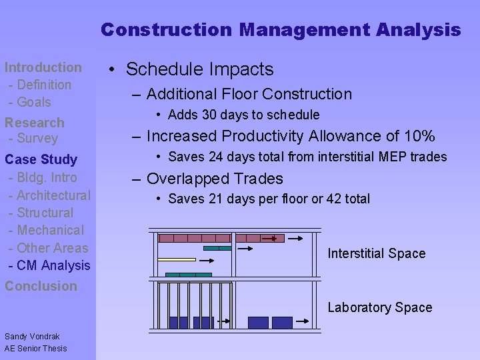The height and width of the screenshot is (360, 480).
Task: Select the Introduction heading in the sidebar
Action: click(x=43, y=67)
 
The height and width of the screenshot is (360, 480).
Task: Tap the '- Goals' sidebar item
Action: click(x=29, y=102)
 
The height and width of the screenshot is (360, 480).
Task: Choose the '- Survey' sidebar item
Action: click(x=33, y=139)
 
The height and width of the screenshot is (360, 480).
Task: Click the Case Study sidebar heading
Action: click(x=41, y=159)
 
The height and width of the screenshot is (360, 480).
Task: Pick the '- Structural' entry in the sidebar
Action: click(x=41, y=213)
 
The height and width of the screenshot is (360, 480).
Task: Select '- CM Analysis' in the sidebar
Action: click(x=49, y=265)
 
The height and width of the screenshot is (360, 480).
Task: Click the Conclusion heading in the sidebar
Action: click(x=41, y=286)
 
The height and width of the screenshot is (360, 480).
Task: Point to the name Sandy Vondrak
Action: click(x=32, y=336)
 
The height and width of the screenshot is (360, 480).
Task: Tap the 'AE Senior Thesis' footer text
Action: click(x=35, y=348)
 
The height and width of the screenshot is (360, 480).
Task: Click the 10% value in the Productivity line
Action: click(x=419, y=137)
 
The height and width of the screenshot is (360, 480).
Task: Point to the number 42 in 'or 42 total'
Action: click(x=329, y=199)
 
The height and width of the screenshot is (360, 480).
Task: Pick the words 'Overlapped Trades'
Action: click(x=215, y=179)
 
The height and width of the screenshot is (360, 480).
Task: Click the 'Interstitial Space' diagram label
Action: click(x=377, y=253)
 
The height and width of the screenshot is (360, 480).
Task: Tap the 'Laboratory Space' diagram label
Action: click(x=380, y=307)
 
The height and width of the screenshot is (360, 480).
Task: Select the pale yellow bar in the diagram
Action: click(x=177, y=259)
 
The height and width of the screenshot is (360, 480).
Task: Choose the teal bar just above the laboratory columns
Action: click(x=188, y=275)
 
